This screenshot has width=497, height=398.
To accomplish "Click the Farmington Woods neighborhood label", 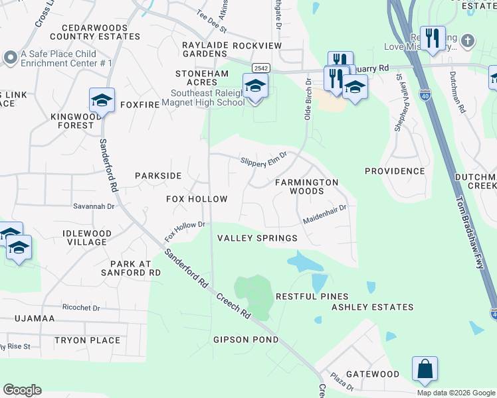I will (x=307, y=186).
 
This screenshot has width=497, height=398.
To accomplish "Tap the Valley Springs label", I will (x=258, y=239).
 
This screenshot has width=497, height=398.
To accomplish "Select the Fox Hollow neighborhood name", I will (x=197, y=199).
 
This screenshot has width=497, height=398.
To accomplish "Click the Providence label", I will (x=395, y=171).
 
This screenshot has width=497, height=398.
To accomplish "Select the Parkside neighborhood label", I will (x=158, y=176).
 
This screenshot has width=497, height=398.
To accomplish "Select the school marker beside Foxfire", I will (x=102, y=100).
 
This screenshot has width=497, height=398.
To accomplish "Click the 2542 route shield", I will (x=260, y=68).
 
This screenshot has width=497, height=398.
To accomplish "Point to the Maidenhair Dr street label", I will (x=325, y=214).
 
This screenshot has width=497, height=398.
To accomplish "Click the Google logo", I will (x=23, y=390).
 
